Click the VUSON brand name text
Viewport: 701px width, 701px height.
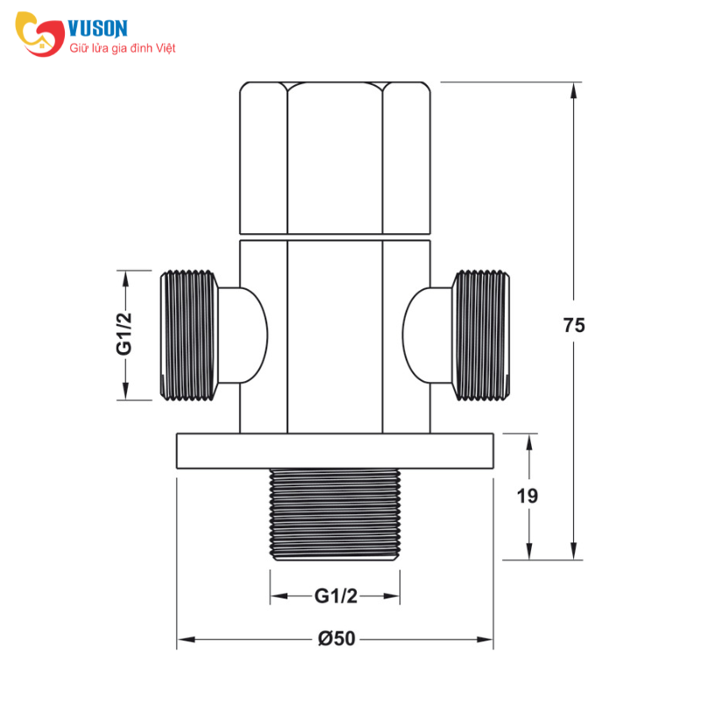[98, 29]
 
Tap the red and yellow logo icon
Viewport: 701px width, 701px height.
[39, 34]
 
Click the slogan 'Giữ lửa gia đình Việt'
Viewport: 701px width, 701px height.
[123, 48]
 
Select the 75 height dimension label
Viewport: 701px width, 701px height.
[574, 325]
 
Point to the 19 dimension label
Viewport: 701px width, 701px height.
[528, 496]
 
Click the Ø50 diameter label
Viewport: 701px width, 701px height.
[336, 639]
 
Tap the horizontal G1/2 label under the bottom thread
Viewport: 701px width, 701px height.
[336, 596]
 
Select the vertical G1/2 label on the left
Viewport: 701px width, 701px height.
[124, 334]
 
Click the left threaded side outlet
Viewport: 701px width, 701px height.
[189, 336]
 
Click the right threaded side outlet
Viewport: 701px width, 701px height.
[481, 336]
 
